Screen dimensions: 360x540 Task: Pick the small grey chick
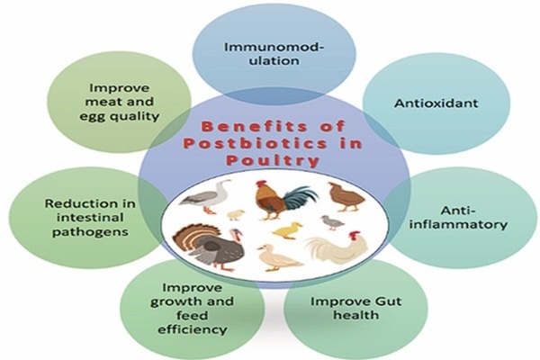pos(331,220)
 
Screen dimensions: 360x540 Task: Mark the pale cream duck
pos(278,259)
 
